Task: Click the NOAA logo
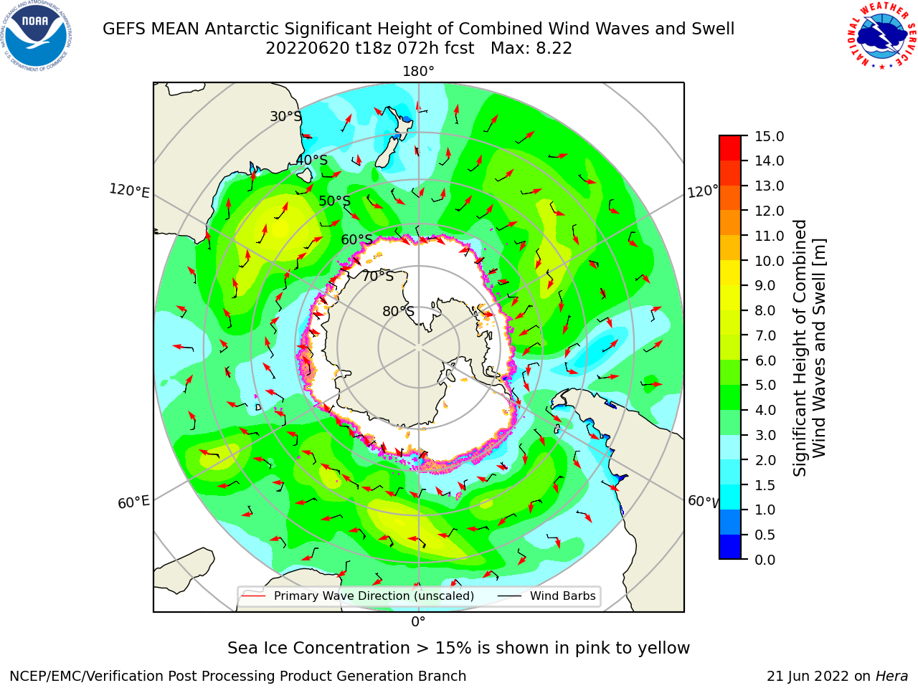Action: point(36,36)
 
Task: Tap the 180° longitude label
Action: point(418,72)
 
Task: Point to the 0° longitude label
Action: point(418,622)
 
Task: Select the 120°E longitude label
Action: point(129,191)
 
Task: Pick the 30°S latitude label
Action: point(286,117)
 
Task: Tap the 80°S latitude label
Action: point(398,311)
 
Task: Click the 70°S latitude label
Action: point(378,277)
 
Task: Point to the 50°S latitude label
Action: point(335,201)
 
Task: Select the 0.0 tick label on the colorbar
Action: point(765,560)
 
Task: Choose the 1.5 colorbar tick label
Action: point(765,485)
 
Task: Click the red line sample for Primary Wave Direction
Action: point(254,596)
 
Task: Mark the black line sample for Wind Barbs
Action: point(510,596)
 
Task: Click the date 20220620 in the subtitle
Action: point(308,49)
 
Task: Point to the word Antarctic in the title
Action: point(242,29)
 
